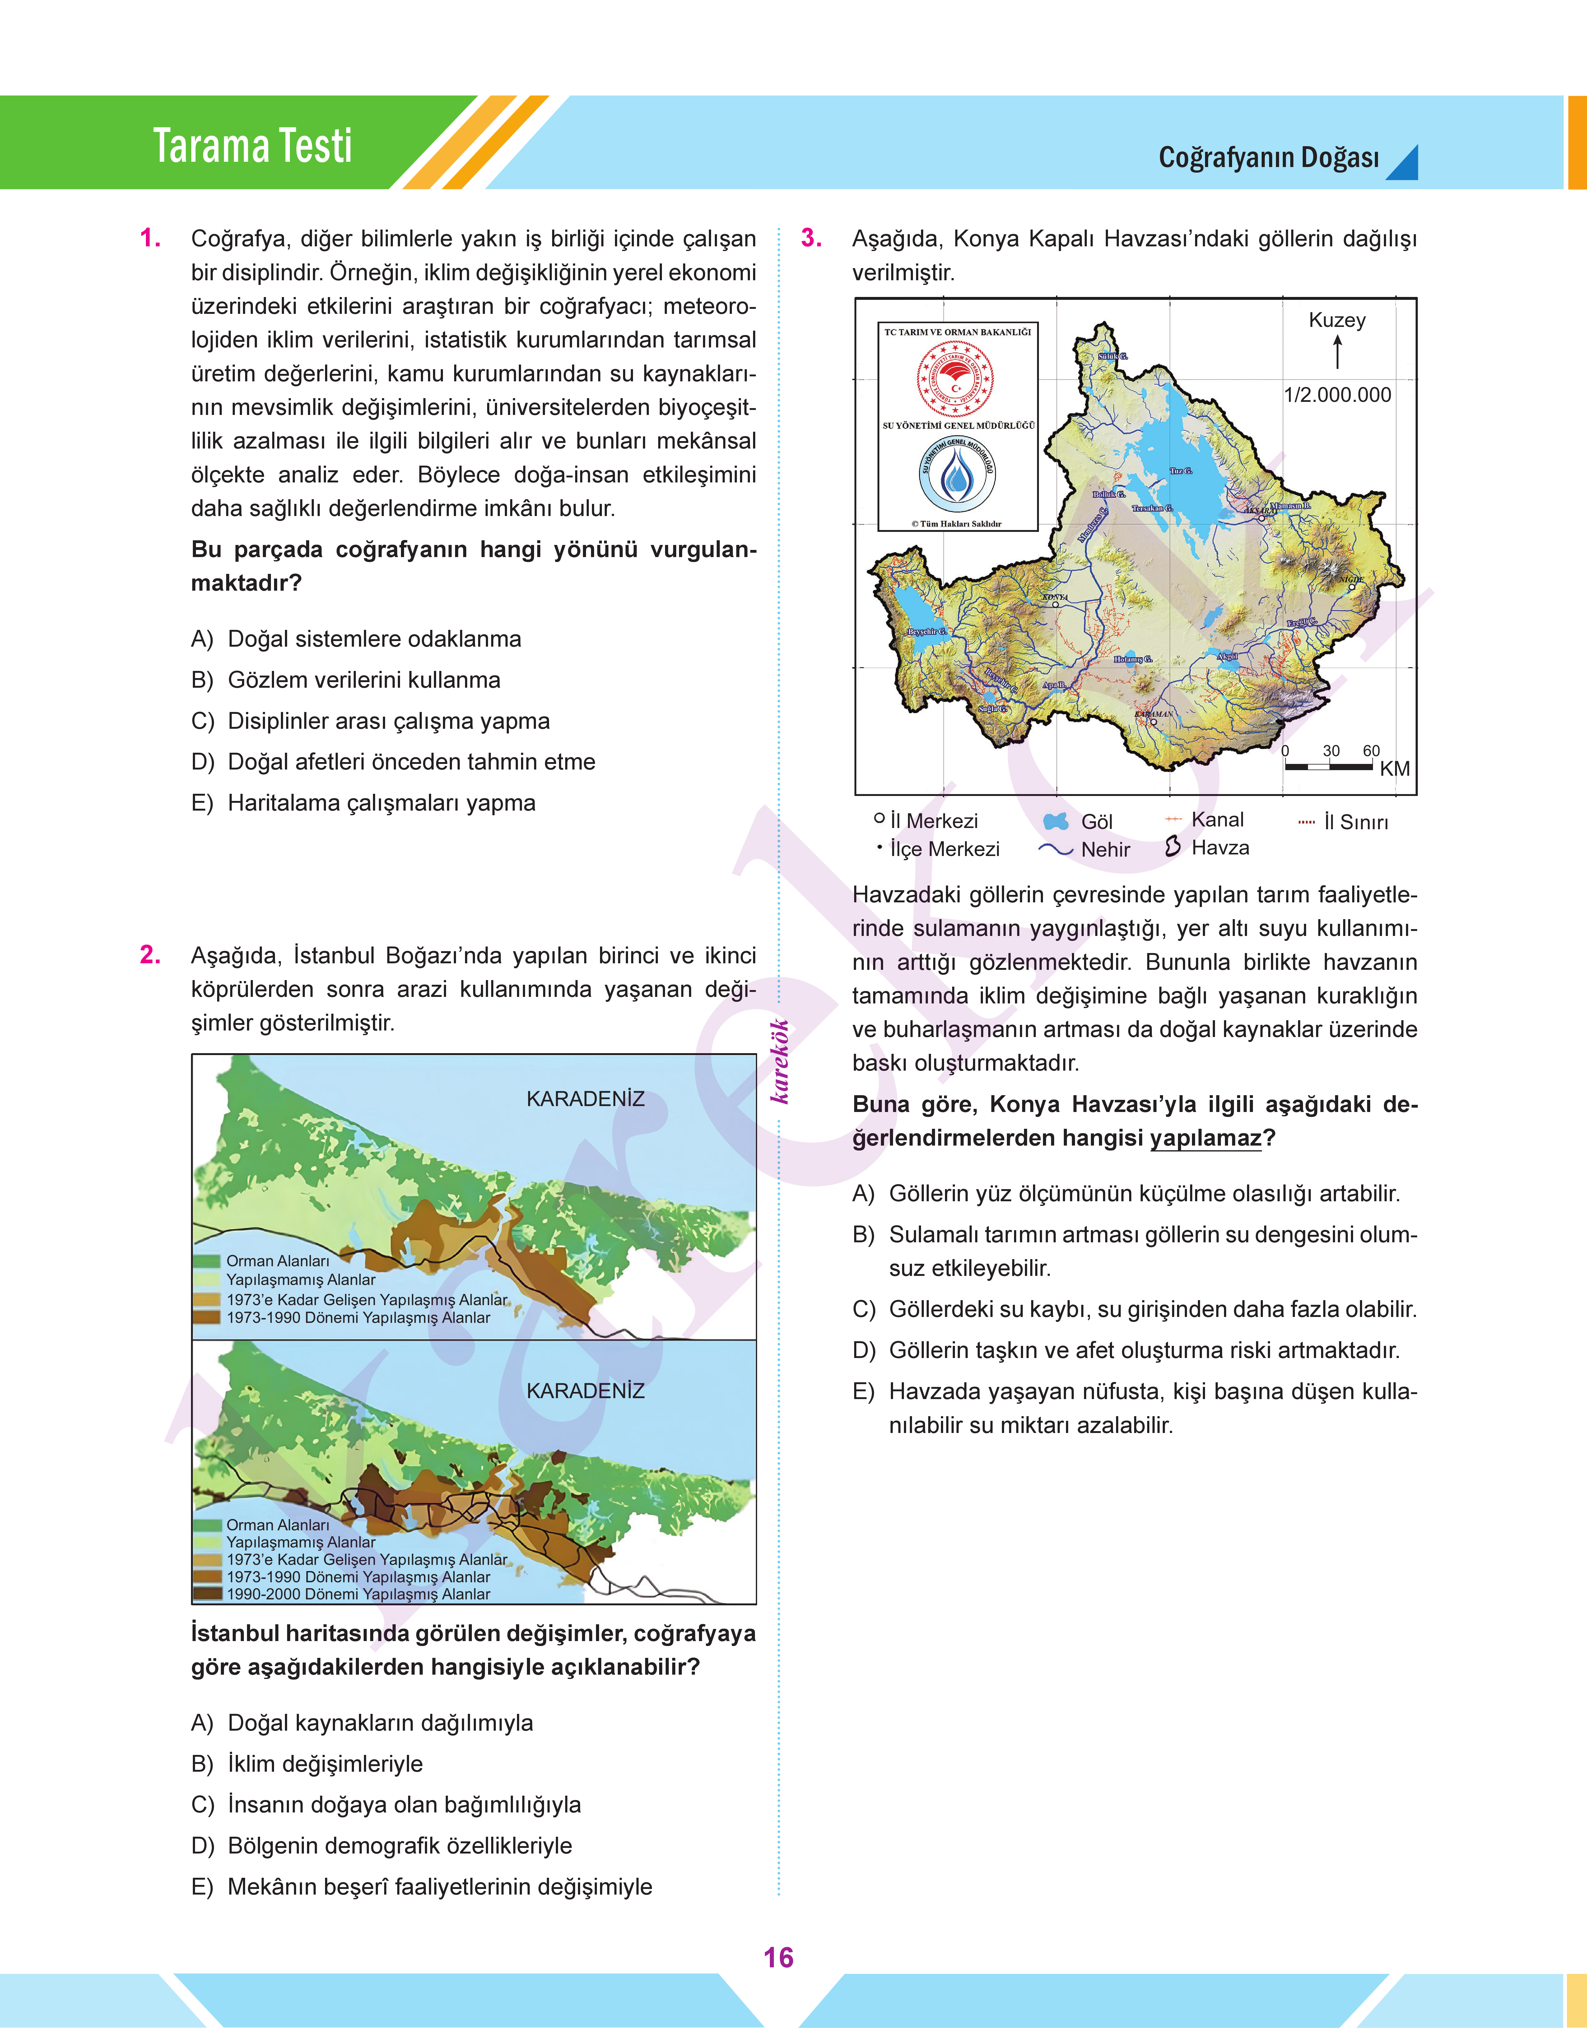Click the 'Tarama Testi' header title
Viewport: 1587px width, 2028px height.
coord(253,146)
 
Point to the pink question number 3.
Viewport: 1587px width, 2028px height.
coord(811,239)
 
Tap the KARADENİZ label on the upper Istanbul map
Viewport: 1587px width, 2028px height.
coord(585,1099)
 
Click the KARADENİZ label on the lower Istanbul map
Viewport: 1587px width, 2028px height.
coord(585,1391)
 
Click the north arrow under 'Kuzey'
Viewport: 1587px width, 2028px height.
coord(1338,352)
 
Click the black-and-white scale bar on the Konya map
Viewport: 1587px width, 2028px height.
coord(1329,766)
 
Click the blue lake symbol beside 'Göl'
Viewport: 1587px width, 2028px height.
coord(1056,821)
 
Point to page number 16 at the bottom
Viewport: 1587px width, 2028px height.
coord(779,1957)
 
